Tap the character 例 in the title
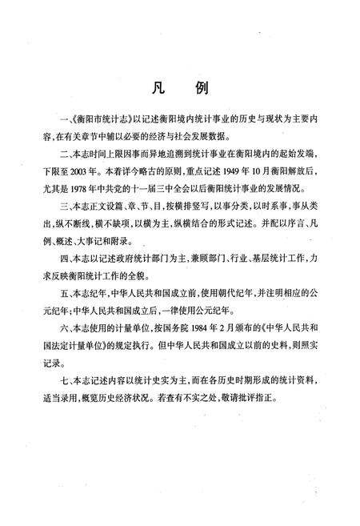coord(202,87)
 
